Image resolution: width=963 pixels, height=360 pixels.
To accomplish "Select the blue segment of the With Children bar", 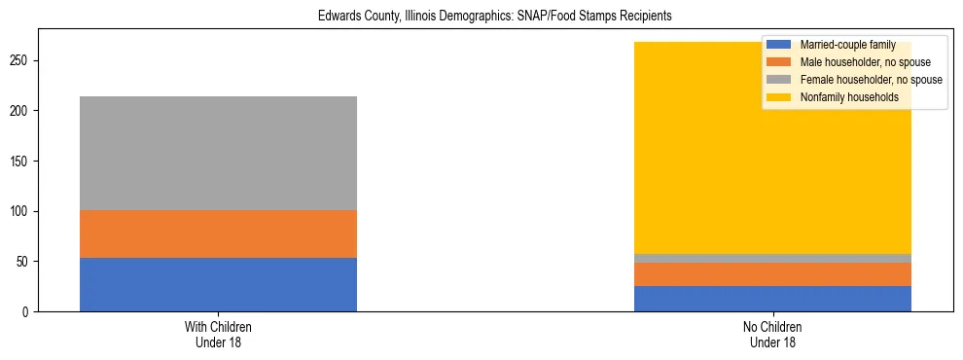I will pos(218,284).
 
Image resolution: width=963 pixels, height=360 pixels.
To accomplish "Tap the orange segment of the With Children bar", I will pos(218,234).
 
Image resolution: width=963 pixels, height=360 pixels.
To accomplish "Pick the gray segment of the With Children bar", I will pos(218,153).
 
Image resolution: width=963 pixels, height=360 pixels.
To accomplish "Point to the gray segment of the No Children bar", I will pos(772,258).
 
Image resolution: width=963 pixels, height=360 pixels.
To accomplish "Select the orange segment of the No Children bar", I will pos(772,273).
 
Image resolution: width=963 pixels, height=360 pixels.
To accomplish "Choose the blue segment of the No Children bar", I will pos(772,299).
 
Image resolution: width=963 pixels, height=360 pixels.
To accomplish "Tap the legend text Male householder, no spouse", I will pos(862,62).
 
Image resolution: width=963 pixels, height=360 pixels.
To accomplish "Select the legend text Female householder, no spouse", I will pos(869,80).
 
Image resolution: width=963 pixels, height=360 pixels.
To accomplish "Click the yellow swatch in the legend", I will pos(779,97).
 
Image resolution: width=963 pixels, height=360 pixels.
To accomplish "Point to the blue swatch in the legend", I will pos(779,45).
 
